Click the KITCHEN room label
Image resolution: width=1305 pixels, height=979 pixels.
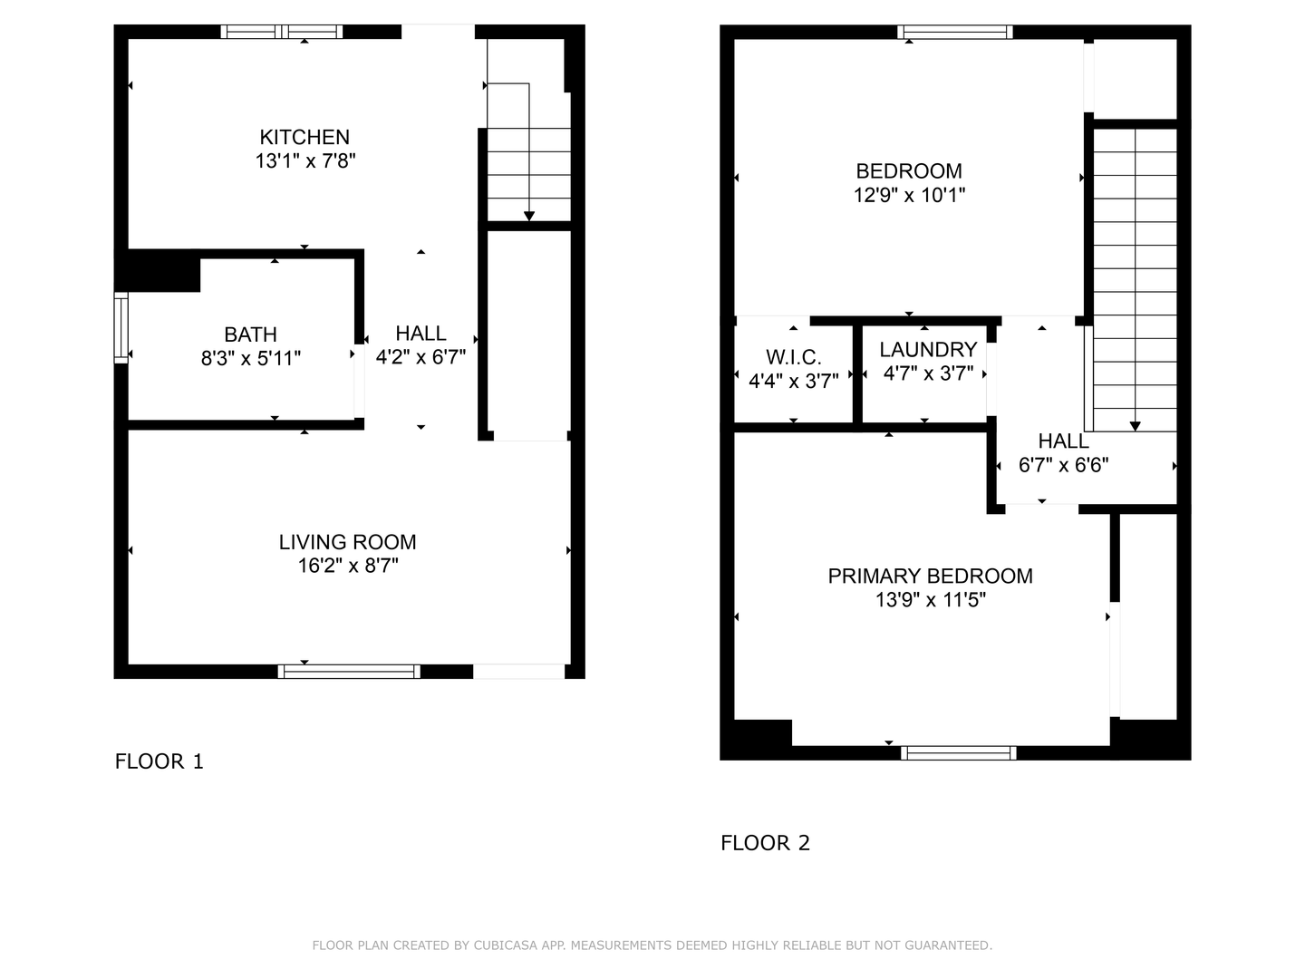304,137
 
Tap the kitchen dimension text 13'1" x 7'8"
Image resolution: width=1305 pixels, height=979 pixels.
304,161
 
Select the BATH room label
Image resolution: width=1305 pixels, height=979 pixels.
250,334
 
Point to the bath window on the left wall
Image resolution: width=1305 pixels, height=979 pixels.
121,327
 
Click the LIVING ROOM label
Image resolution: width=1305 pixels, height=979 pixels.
347,542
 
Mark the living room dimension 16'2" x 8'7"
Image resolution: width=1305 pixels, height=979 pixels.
347,567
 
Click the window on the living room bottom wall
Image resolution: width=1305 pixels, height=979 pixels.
349,672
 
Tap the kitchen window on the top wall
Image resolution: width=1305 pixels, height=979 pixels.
282,32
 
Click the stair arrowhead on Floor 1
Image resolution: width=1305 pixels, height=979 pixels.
528,216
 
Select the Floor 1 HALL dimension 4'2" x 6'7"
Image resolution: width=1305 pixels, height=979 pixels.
420,357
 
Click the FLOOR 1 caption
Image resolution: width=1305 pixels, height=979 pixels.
159,761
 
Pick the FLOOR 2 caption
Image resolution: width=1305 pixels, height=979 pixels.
765,843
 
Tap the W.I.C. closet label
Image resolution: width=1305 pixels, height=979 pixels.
794,357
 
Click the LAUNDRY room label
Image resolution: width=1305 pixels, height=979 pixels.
928,350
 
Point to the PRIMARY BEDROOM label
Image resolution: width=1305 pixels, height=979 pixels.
930,576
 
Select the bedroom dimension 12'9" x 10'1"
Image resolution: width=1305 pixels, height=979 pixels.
909,195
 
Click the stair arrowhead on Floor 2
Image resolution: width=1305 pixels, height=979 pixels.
1135,426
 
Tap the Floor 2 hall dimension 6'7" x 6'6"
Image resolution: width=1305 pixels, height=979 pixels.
1063,466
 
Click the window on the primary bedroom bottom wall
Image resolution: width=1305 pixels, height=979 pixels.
959,752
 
